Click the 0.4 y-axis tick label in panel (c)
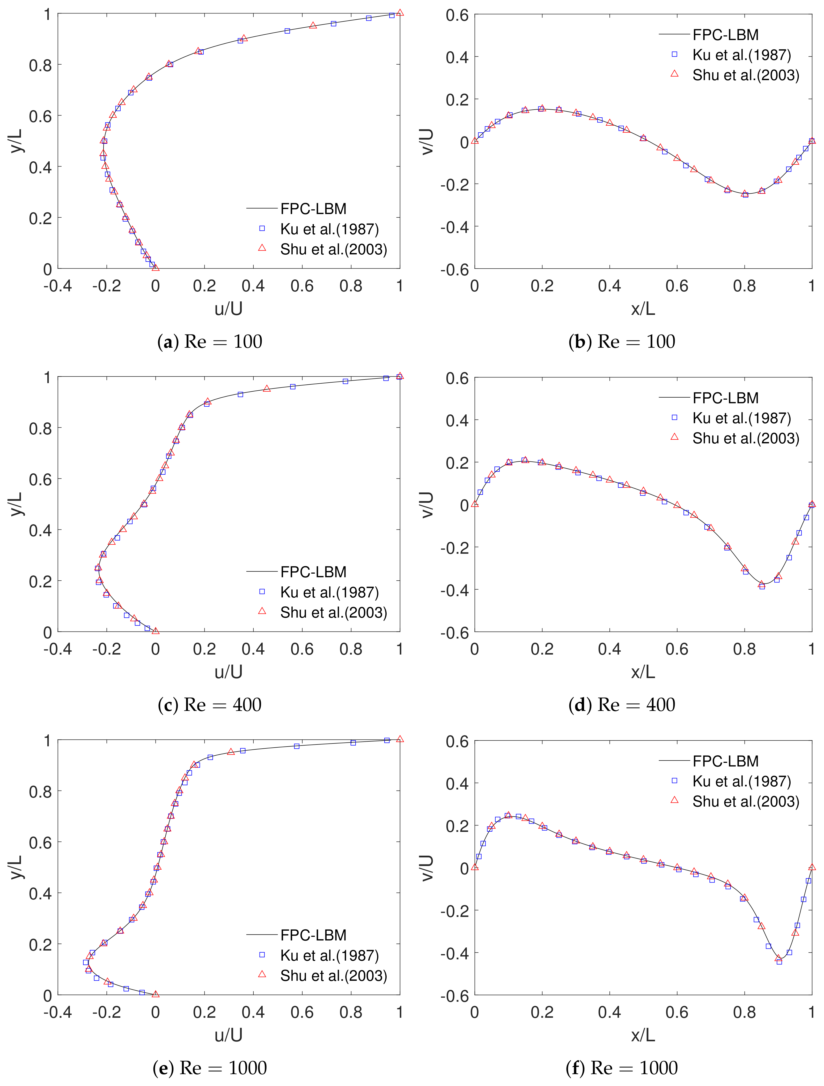(40, 530)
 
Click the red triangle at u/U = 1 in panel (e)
(400, 739)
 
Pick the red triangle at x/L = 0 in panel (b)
(475, 141)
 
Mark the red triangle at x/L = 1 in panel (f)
(812, 868)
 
